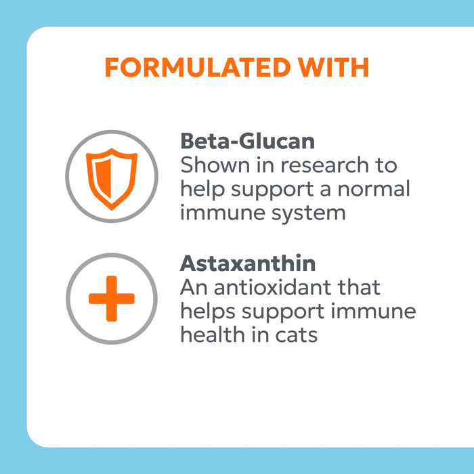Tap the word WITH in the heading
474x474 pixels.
coord(336,68)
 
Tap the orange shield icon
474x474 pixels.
coord(111,176)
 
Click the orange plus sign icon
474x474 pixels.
coord(111,298)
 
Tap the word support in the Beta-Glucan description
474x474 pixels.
coord(269,190)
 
